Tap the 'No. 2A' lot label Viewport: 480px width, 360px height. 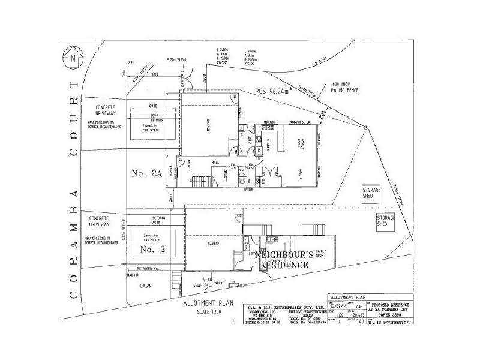tap(146, 174)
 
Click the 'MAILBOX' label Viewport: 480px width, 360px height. tap(133, 275)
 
